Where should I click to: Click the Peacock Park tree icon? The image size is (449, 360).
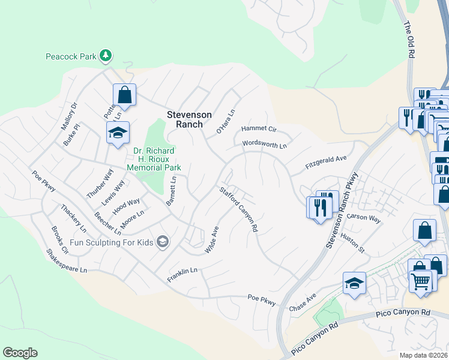[x=106, y=56]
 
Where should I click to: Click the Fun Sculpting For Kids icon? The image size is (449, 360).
[x=161, y=242]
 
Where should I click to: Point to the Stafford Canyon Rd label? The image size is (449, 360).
[x=238, y=209]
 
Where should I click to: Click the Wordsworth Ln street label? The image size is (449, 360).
[x=265, y=145]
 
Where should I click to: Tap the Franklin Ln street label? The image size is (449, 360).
[x=182, y=271]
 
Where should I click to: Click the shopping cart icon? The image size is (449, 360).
[x=421, y=281]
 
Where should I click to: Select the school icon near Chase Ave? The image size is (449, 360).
[x=354, y=283]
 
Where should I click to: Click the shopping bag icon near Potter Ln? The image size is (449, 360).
[x=124, y=95]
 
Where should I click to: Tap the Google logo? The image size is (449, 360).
[x=20, y=353]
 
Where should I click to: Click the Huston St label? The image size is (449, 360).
[x=353, y=241]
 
